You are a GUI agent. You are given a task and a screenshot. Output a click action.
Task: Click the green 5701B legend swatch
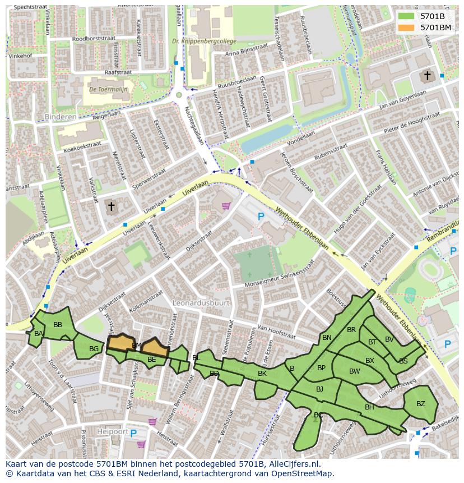[x=406, y=16]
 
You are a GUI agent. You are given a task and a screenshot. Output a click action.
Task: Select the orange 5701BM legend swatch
[x=406, y=27]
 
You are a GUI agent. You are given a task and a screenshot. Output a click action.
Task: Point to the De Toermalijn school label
[x=108, y=89]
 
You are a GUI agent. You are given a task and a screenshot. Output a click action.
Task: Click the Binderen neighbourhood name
[x=59, y=117]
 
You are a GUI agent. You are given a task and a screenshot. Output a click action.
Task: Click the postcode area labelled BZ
[x=420, y=403]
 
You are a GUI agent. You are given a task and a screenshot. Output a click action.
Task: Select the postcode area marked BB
[x=58, y=325]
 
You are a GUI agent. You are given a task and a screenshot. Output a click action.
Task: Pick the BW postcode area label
[x=354, y=371]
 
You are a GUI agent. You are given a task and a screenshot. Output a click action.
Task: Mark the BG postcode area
[x=94, y=349]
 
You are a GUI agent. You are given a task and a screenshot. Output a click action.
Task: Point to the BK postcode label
[x=262, y=373]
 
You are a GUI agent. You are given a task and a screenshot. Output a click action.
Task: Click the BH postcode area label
[x=369, y=407]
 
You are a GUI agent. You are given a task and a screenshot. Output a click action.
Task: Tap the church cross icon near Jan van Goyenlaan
[x=427, y=75]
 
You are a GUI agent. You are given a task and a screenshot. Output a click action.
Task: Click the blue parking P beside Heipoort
[x=133, y=433]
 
